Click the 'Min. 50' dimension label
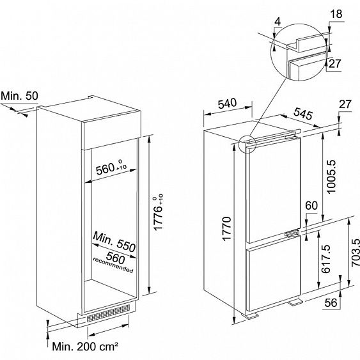pyautogui.click(x=20, y=96)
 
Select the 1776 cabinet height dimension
pyautogui.click(x=158, y=212)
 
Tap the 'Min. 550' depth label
pyautogui.click(x=114, y=242)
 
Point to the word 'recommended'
pyautogui.click(x=113, y=265)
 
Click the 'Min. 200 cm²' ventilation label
pyautogui.click(x=85, y=347)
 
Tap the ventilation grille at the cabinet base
pyautogui.click(x=108, y=313)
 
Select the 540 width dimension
pyautogui.click(x=227, y=104)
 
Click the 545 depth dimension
pyautogui.click(x=303, y=113)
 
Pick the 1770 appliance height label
pyautogui.click(x=226, y=228)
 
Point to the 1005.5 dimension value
pyautogui.click(x=331, y=176)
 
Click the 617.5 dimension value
pyautogui.click(x=325, y=259)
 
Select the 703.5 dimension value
pyautogui.click(x=356, y=253)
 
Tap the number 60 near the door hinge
pyautogui.click(x=311, y=205)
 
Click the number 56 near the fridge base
pyautogui.click(x=331, y=303)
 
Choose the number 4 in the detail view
pyautogui.click(x=278, y=22)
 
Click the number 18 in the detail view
pyautogui.click(x=336, y=14)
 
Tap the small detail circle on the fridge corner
pyautogui.click(x=247, y=144)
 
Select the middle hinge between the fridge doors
pyautogui.click(x=292, y=233)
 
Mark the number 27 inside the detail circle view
pyautogui.click(x=335, y=63)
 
